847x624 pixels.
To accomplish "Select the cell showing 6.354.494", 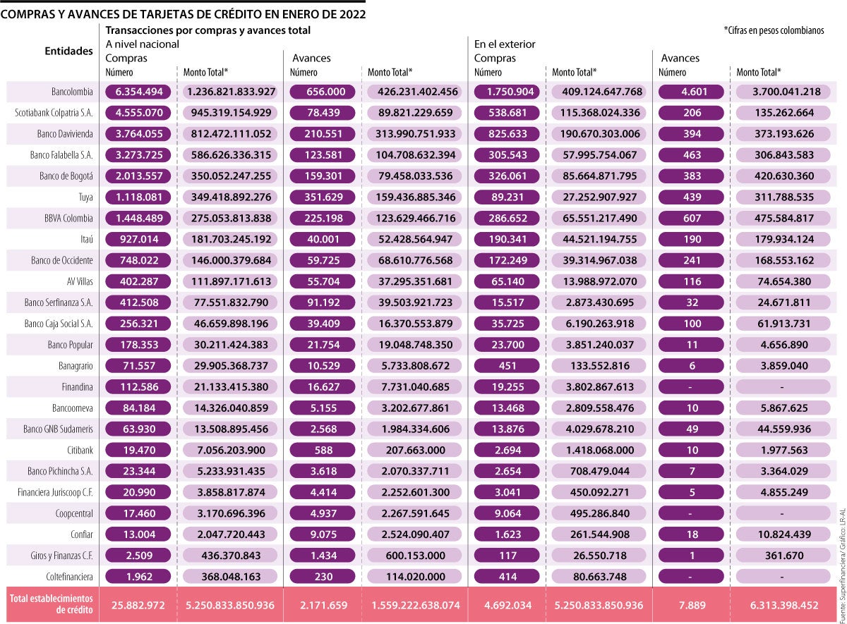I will tap(139, 92).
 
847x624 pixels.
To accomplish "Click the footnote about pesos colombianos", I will tap(783, 31).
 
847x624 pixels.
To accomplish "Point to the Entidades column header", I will tap(68, 51).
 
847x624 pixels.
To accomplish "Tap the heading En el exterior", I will tap(505, 44).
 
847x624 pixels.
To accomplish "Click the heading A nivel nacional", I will tap(142, 44).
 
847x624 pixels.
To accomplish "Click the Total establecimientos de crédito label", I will tap(50, 604).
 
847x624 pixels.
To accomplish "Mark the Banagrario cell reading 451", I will tap(506, 366).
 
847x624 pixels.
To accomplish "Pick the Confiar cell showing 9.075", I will tap(322, 534).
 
